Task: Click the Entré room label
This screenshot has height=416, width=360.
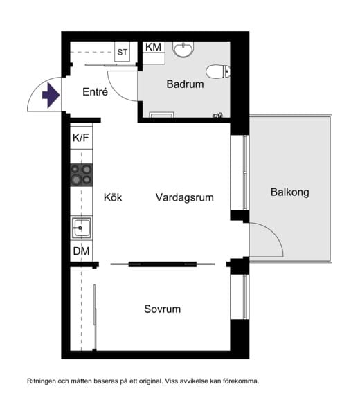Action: tap(95, 92)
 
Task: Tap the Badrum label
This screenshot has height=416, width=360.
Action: tap(185, 84)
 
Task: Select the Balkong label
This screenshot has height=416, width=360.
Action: tap(289, 192)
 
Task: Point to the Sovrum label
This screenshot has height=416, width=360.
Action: tap(163, 309)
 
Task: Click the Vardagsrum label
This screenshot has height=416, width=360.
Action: tap(184, 197)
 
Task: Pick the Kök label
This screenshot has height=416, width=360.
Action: tap(113, 197)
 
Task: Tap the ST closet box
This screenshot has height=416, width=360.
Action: tap(123, 53)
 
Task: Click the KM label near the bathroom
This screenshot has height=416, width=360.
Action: tap(153, 47)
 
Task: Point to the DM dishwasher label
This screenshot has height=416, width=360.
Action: tap(81, 251)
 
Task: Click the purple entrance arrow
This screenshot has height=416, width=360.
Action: tap(51, 95)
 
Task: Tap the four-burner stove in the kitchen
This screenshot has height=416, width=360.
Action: tap(81, 174)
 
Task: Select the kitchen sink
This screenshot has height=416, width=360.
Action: tap(81, 227)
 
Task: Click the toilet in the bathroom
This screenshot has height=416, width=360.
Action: tap(221, 71)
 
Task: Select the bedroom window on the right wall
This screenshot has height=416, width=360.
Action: tap(244, 296)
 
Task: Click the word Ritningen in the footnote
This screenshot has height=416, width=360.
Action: tap(44, 381)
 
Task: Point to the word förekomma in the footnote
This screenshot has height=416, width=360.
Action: tap(238, 381)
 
